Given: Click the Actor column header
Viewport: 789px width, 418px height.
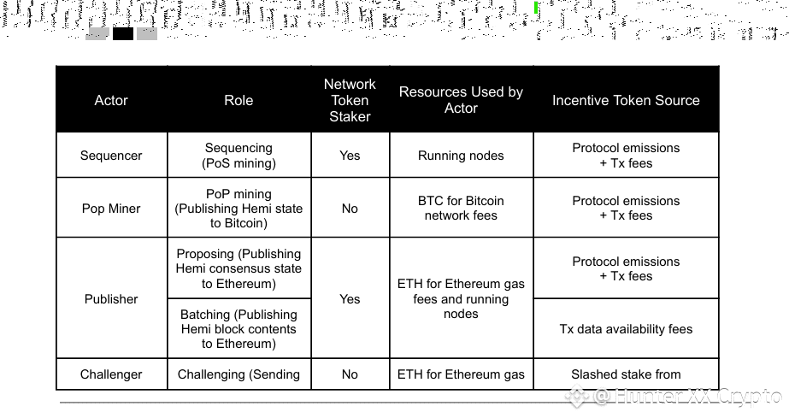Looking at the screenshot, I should pyautogui.click(x=111, y=100).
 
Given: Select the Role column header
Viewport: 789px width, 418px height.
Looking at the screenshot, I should pyautogui.click(x=238, y=100).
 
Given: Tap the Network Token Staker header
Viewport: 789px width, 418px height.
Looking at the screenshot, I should pyautogui.click(x=350, y=100).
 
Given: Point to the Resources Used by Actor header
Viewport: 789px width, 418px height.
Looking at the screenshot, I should pyautogui.click(x=461, y=100).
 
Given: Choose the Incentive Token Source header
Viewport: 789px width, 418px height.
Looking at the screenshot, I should pyautogui.click(x=626, y=100).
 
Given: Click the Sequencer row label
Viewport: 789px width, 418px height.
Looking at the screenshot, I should pyautogui.click(x=111, y=156).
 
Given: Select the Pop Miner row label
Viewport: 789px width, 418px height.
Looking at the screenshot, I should pyautogui.click(x=111, y=209).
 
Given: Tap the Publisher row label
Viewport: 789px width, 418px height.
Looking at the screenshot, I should pyautogui.click(x=111, y=299).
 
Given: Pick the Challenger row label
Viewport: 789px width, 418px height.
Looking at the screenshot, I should pyautogui.click(x=111, y=374).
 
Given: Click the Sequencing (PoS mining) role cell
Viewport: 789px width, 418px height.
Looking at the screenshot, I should pyautogui.click(x=238, y=156).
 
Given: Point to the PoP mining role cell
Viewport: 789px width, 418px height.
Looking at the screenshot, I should pyautogui.click(x=238, y=209).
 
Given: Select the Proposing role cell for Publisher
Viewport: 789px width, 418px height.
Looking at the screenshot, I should pyautogui.click(x=238, y=268).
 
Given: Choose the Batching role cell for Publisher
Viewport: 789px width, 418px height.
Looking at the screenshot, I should pyautogui.click(x=238, y=329).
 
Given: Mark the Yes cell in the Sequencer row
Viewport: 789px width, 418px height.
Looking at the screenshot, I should pyautogui.click(x=350, y=156).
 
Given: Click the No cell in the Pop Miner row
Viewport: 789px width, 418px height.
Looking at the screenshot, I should pyautogui.click(x=350, y=209).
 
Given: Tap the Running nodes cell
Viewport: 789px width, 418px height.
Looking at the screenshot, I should pyautogui.click(x=461, y=156).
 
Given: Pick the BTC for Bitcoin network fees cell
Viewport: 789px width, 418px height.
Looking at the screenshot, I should pyautogui.click(x=461, y=209).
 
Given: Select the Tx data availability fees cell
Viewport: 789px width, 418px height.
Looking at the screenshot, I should pyautogui.click(x=626, y=329).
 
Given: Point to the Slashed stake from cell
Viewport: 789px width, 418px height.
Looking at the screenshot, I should pyautogui.click(x=626, y=374).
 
